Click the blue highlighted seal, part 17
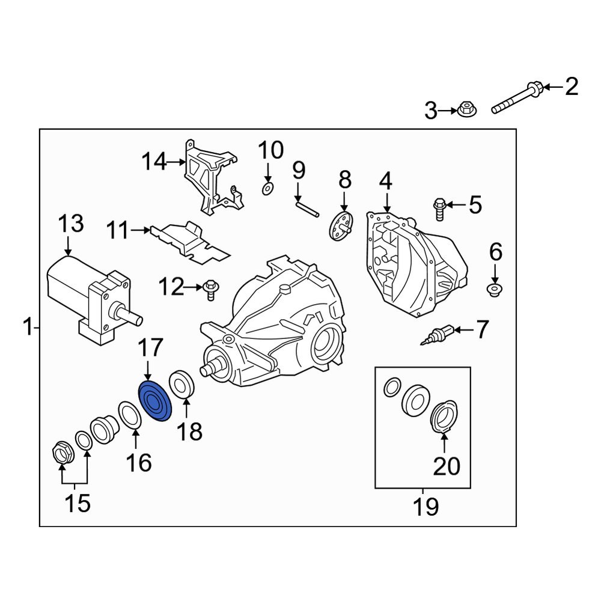click(x=155, y=401)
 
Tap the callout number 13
click(x=70, y=225)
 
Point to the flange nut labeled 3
click(x=465, y=110)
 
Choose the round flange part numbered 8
click(x=341, y=227)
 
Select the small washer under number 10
click(x=267, y=189)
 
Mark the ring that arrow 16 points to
click(x=129, y=417)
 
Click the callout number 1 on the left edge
click(x=27, y=328)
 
